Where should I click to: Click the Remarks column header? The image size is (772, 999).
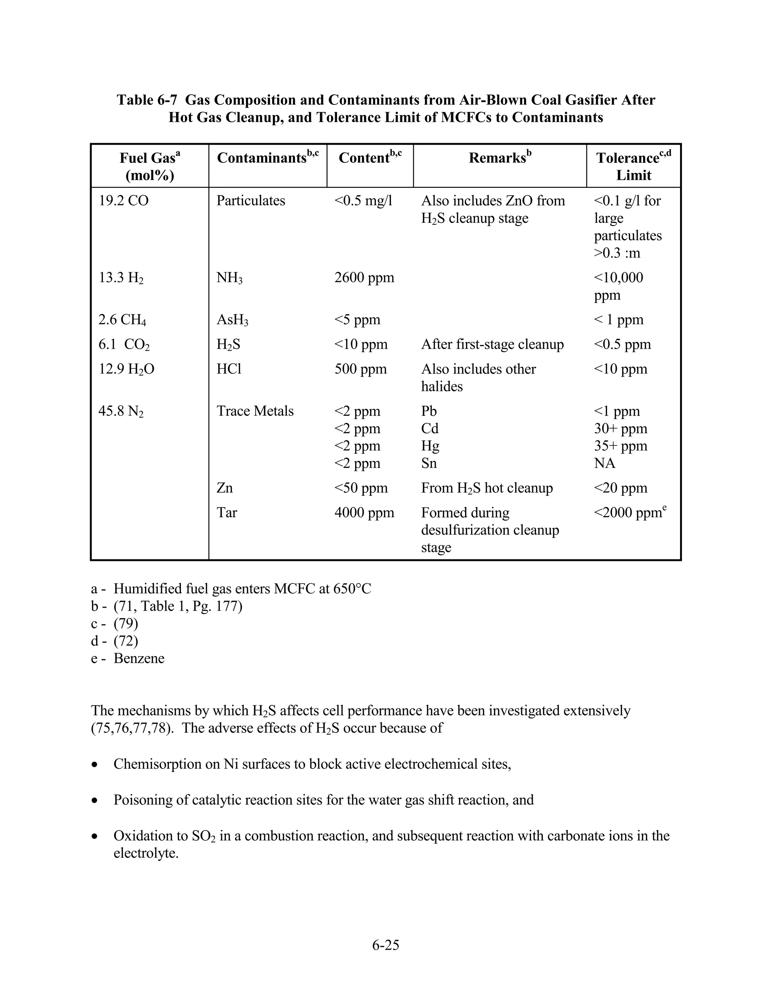click(499, 158)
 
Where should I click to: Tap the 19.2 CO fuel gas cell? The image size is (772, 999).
click(124, 201)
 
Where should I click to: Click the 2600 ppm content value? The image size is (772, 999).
click(364, 278)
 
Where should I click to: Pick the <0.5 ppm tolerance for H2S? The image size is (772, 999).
click(622, 345)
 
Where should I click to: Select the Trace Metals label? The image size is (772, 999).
click(255, 411)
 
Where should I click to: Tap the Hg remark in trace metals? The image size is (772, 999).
click(430, 446)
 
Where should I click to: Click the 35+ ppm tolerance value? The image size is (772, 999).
click(620, 446)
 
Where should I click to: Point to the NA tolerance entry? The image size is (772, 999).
click(605, 463)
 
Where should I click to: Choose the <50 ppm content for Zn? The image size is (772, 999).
click(361, 488)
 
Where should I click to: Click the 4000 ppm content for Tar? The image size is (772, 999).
click(364, 513)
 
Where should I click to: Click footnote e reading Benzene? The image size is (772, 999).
click(139, 659)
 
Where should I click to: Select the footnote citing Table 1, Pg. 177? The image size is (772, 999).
click(178, 607)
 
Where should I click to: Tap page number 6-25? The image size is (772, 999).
click(386, 945)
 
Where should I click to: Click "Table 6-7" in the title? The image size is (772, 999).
click(146, 100)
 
